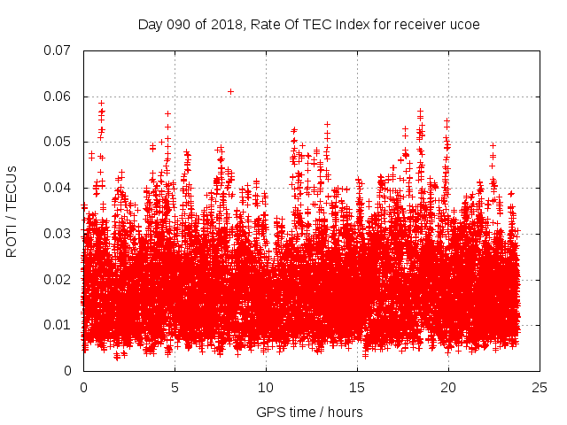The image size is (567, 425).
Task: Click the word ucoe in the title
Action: (464, 25)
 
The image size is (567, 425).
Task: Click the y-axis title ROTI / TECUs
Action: (12, 211)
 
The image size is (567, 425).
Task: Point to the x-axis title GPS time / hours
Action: (309, 412)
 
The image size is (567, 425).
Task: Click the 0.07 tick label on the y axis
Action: (58, 50)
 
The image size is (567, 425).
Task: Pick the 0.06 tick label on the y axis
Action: (58, 97)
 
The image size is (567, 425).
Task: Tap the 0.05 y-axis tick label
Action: (58, 142)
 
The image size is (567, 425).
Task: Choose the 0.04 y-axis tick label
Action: (58, 188)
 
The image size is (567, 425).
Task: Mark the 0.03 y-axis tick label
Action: (58, 234)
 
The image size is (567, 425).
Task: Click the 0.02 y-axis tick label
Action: (58, 280)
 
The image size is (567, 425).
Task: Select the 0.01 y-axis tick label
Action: (58, 325)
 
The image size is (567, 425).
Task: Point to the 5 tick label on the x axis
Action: (175, 388)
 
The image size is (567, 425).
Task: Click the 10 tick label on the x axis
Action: (266, 388)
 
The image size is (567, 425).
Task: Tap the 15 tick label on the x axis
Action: (357, 388)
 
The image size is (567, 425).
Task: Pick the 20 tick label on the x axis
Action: (448, 388)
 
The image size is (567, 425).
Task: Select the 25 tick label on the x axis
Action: (540, 388)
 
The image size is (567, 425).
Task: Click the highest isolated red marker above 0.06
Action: (230, 91)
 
